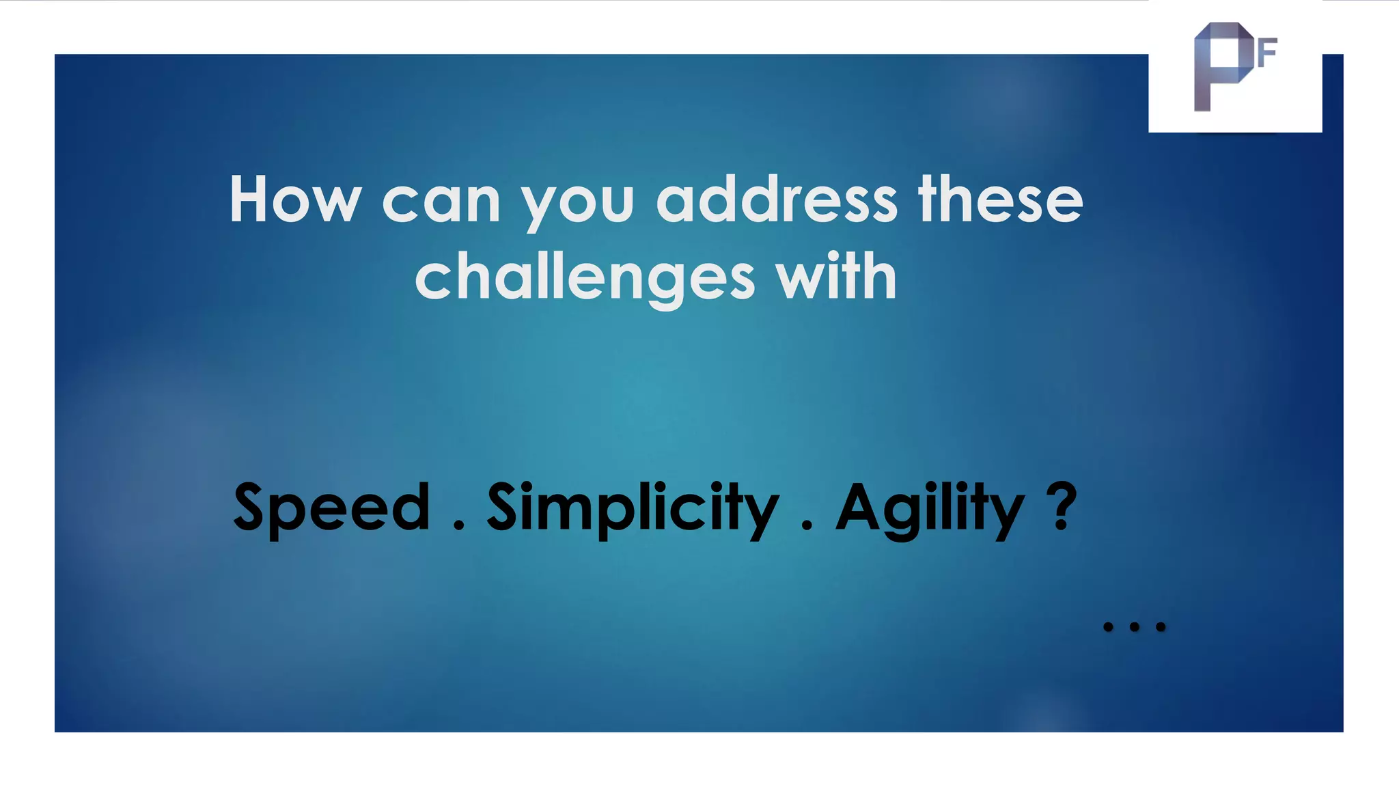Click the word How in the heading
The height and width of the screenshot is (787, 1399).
pyautogui.click(x=295, y=199)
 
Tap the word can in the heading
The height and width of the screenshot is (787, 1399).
pyautogui.click(x=441, y=203)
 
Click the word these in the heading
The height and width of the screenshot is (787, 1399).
pyautogui.click(x=1001, y=199)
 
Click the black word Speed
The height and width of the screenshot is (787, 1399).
pyautogui.click(x=332, y=509)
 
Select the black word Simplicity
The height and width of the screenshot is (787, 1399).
pyautogui.click(x=633, y=509)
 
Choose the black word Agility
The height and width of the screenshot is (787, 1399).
pyautogui.click(x=930, y=509)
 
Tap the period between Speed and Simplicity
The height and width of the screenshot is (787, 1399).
pyautogui.click(x=458, y=526)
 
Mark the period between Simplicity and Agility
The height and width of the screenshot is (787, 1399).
pyautogui.click(x=807, y=526)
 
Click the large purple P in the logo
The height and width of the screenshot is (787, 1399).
pyautogui.click(x=1219, y=65)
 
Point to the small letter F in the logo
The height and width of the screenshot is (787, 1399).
pyautogui.click(x=1266, y=53)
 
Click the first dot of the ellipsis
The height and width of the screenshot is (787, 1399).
pyautogui.click(x=1108, y=626)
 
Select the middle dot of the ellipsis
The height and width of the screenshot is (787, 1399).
pyautogui.click(x=1135, y=626)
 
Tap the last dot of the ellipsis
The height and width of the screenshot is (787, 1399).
pyautogui.click(x=1161, y=626)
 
